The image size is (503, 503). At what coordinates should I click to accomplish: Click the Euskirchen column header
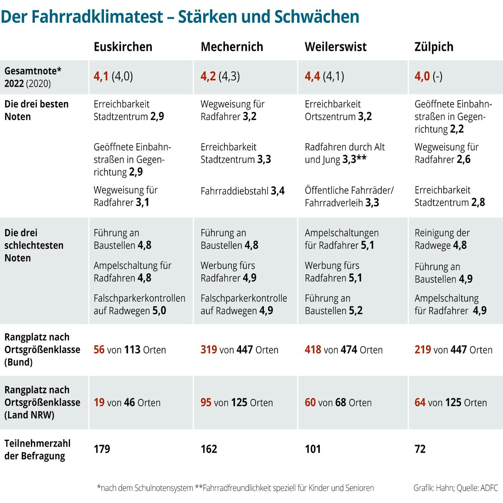123,47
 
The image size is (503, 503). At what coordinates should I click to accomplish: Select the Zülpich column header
434,47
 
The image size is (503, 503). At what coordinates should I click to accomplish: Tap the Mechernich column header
232,47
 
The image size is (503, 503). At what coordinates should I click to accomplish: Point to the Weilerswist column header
335,47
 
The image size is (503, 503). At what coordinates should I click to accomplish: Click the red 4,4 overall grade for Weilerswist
312,76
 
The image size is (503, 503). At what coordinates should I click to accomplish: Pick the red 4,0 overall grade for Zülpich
422,76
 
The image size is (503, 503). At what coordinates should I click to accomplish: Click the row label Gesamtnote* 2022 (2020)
33,77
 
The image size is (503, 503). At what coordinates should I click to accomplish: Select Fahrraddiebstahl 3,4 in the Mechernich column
242,191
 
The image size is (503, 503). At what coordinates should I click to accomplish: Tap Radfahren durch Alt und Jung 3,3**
345,153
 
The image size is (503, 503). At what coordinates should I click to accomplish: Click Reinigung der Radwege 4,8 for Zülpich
442,239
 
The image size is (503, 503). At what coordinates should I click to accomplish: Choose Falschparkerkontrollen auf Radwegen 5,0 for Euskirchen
139,304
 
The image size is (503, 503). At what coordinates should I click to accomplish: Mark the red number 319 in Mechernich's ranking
208,350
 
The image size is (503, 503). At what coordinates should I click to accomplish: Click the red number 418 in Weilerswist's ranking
313,350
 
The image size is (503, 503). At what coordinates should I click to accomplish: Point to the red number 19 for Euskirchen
99,402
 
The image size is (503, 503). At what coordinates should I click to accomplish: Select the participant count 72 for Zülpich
420,449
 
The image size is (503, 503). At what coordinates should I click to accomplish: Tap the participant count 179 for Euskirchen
102,449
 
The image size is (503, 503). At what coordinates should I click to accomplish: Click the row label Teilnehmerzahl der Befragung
37,450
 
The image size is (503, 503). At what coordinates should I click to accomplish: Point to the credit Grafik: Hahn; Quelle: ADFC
455,488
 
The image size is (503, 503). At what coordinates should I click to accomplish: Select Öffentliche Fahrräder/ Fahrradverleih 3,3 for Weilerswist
349,196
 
